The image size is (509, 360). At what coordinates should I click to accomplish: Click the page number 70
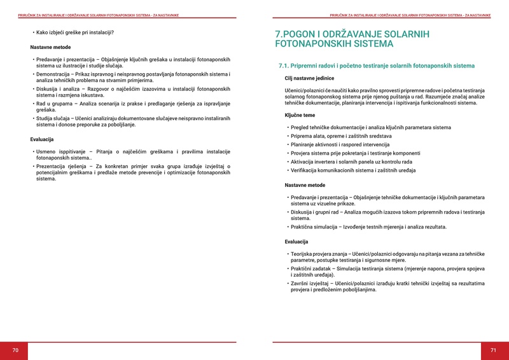point(16,350)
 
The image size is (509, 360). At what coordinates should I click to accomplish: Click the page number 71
point(492,350)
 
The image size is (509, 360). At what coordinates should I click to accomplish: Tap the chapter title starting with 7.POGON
point(352,39)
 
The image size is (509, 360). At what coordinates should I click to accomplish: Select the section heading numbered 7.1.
point(377,66)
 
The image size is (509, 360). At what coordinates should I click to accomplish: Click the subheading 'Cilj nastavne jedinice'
point(309,78)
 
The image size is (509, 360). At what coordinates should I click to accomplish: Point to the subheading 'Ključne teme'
point(300,115)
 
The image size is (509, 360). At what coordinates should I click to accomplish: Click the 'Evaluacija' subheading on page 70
point(42,139)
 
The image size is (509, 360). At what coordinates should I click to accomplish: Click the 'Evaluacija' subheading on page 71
point(296,242)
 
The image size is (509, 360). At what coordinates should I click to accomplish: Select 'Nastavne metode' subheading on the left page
point(50,47)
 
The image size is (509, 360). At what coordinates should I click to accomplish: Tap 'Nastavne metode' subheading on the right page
point(305,185)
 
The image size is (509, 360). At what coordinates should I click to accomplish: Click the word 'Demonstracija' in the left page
point(55,74)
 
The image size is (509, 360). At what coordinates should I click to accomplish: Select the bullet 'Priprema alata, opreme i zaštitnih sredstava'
point(341,136)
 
